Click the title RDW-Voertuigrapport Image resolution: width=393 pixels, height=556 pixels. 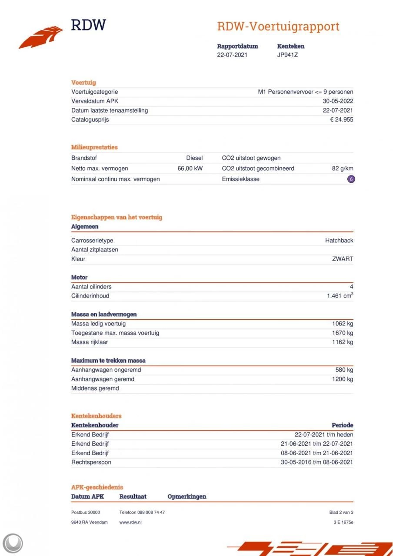(278, 26)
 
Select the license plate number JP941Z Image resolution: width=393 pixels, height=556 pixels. (287, 55)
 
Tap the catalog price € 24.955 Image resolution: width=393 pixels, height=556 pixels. (341, 119)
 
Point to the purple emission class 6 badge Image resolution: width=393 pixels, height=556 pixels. (351, 179)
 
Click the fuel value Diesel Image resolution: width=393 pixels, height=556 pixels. (194, 158)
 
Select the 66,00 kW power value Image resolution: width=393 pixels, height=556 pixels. (190, 168)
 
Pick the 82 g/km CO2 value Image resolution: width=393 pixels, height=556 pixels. (342, 168)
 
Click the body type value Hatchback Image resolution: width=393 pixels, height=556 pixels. (339, 240)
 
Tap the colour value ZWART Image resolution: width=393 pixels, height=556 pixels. (343, 259)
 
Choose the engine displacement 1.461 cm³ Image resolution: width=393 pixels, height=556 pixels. (340, 296)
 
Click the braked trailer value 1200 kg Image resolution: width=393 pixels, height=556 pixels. (343, 379)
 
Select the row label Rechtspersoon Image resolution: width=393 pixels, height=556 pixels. (91, 462)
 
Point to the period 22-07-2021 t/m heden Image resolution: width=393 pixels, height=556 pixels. (324, 434)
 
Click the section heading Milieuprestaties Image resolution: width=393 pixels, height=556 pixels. (94, 147)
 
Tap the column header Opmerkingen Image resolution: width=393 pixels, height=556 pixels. (187, 496)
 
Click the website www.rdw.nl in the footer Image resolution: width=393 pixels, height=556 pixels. (130, 522)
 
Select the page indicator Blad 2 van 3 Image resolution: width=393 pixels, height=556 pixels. (341, 512)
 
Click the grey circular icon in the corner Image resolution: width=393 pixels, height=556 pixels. (13, 543)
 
